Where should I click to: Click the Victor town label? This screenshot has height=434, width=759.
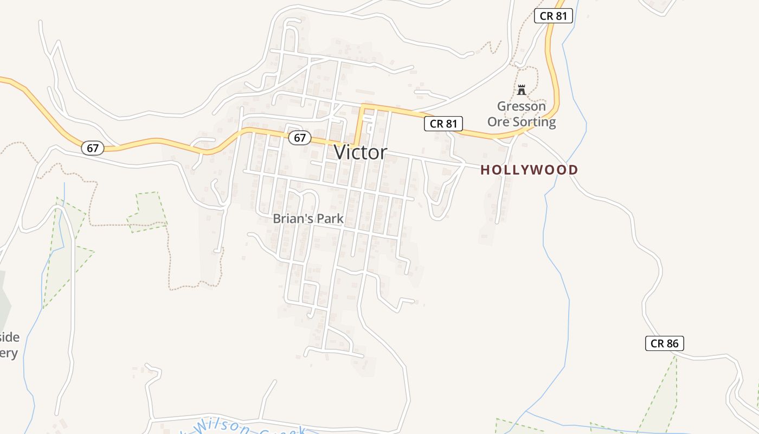point(361,152)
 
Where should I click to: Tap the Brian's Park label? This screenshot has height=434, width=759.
point(308,219)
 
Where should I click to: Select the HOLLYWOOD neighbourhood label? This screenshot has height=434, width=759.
point(529,170)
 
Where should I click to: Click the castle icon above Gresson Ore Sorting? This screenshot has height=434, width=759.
point(522,90)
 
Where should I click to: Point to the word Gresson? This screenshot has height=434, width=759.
point(522,106)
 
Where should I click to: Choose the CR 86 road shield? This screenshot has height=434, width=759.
point(665,343)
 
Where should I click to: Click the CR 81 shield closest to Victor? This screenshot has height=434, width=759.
point(443,124)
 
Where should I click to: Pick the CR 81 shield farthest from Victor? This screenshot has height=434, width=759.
point(554,16)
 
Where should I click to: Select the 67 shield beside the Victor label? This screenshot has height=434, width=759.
point(299,138)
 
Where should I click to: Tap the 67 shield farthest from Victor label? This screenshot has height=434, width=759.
point(93,148)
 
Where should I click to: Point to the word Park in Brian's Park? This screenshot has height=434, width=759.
point(331,219)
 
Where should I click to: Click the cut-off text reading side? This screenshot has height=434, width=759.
point(9,337)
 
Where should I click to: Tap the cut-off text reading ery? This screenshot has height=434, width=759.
point(9,353)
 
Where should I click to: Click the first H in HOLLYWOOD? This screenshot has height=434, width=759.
point(486,170)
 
